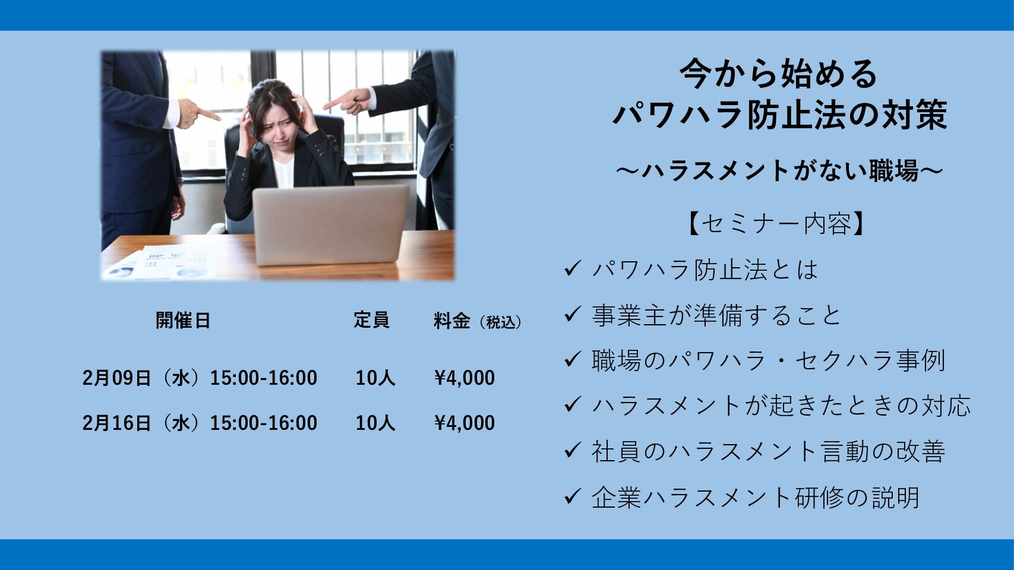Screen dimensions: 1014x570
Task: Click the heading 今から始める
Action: [779, 74]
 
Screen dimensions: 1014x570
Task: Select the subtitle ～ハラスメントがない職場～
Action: [779, 171]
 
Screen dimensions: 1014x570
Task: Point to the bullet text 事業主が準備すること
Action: [716, 315]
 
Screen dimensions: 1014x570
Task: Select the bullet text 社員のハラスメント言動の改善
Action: [768, 451]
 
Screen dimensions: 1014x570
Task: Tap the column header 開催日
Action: [183, 320]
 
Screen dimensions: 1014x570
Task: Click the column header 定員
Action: [371, 320]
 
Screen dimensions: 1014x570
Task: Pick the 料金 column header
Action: [452, 320]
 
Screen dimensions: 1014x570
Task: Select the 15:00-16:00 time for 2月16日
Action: [264, 423]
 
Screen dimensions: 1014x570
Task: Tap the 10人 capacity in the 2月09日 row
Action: [375, 378]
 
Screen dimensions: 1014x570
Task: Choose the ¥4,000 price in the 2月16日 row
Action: [465, 423]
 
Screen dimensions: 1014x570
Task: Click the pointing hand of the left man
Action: [197, 113]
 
